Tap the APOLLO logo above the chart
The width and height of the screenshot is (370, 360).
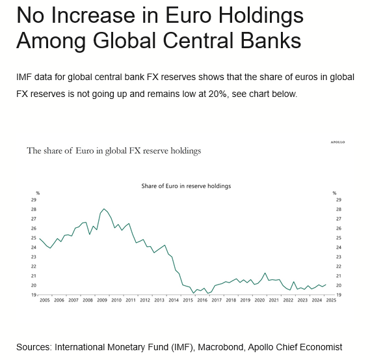tap(337, 142)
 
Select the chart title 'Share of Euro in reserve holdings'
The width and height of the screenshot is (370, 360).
tap(186, 186)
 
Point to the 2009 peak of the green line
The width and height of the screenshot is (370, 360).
tap(104, 209)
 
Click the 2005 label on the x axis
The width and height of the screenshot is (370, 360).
tap(45, 300)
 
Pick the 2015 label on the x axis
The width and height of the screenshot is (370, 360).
tap(188, 300)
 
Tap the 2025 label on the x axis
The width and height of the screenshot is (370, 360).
tap(331, 300)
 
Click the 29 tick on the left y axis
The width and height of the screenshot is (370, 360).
tap(34, 200)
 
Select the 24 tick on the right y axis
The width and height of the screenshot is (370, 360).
tap(339, 247)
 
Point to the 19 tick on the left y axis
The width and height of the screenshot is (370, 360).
tap(34, 295)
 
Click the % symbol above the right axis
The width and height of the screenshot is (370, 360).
tap(334, 193)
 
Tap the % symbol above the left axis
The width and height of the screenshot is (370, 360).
tap(38, 193)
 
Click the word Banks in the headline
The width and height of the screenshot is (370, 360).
tap(271, 40)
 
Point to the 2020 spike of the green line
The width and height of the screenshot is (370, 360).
tap(265, 273)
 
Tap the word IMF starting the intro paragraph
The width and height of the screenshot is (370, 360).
tap(24, 77)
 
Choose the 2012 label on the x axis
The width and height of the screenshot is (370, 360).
tap(145, 300)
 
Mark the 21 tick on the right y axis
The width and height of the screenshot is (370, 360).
tap(339, 276)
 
